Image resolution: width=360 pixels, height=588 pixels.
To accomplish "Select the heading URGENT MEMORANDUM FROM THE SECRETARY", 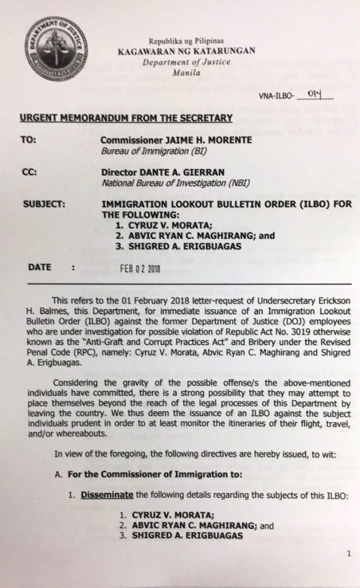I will (126, 118).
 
